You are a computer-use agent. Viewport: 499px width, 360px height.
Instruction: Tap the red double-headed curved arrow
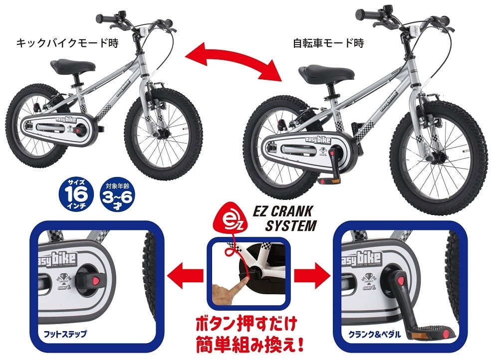tap(234, 61)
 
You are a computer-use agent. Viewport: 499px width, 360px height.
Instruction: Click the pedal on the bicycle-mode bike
tap(327, 179)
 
